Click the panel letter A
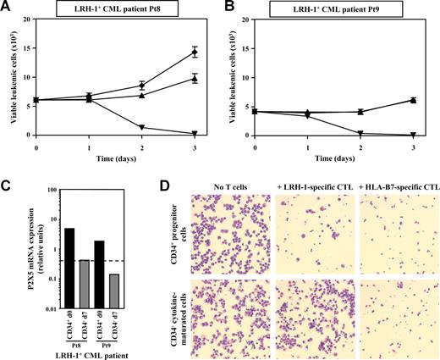[6, 7]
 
